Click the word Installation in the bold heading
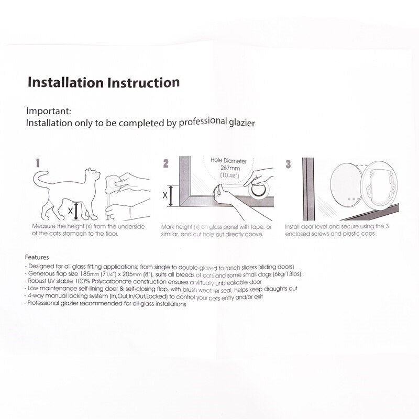[65, 82]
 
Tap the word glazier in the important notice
[242, 123]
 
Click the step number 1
[38, 163]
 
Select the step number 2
[166, 163]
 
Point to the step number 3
[288, 164]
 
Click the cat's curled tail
[41, 180]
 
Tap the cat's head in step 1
[93, 175]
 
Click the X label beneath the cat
[70, 211]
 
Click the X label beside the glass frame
[165, 195]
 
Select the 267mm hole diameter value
[230, 168]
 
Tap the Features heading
[37, 257]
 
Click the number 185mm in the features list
[90, 274]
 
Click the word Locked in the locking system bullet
[157, 296]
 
